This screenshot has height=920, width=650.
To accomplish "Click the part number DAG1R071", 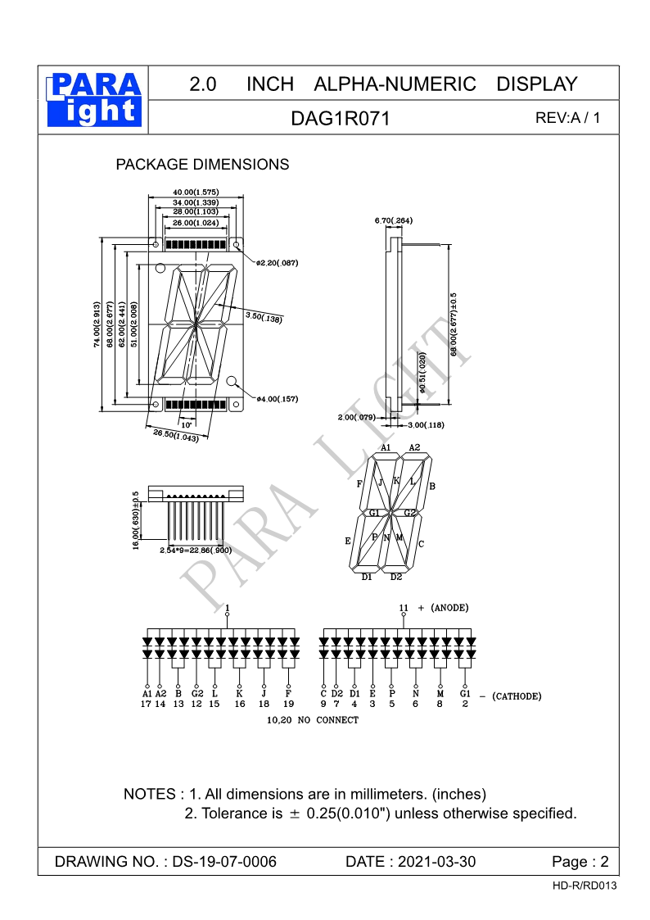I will coord(341,119).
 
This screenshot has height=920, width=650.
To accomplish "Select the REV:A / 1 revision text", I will coord(567,118).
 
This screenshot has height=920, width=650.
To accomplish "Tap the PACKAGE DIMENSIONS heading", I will coord(202,165).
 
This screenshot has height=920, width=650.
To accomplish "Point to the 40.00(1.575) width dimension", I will coord(196,193).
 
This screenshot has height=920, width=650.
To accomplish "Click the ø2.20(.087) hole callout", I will coord(277,263).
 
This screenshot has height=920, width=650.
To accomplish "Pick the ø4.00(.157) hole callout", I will coord(277,399).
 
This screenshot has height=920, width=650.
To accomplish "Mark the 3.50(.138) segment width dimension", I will coord(264,317).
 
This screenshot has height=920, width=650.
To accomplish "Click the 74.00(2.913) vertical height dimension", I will coord(97,325).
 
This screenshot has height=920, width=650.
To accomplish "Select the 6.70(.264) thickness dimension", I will coord(393,221).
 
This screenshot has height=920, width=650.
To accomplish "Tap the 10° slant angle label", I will coord(187,424).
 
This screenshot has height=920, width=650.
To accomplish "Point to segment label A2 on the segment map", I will coord(414,447).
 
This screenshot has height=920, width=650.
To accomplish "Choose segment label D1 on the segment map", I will coord(368,578).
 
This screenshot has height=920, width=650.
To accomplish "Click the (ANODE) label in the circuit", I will coord(449,608).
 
